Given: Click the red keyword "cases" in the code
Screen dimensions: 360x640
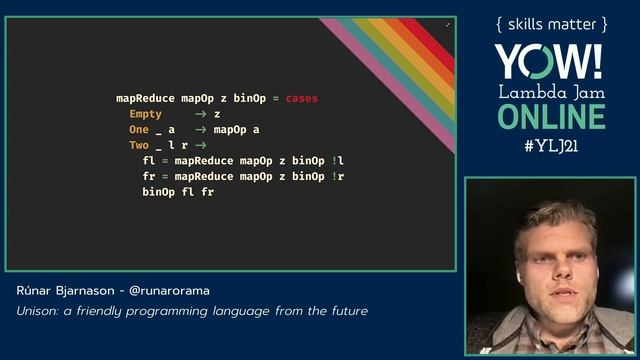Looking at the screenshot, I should click(x=301, y=99).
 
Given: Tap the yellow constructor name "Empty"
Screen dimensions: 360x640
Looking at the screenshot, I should click(x=145, y=114).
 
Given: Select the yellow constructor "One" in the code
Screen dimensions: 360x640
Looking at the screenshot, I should click(x=138, y=130).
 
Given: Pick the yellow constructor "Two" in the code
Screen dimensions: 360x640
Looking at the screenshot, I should click(x=138, y=145).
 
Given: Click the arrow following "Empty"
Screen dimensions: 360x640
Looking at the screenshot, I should click(x=200, y=114).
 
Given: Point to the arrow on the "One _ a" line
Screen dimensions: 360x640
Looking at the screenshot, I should click(x=200, y=130).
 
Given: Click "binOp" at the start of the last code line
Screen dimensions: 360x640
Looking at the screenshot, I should click(x=158, y=191).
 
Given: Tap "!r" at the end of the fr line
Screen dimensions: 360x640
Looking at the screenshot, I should click(x=339, y=176).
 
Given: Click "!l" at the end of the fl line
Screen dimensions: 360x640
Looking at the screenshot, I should click(x=339, y=160).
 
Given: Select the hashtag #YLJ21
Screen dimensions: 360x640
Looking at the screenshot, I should click(x=549, y=145).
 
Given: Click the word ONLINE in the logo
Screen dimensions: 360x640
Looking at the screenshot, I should click(x=550, y=116).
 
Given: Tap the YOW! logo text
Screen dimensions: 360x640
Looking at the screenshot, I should click(x=549, y=62).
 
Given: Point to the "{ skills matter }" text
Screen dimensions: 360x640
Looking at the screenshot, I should click(x=550, y=23).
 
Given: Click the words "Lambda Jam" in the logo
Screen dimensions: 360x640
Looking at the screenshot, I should click(x=550, y=91).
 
